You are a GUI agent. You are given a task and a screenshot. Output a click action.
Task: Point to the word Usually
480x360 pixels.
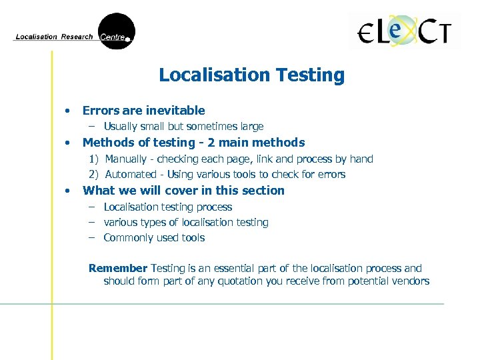[121, 127]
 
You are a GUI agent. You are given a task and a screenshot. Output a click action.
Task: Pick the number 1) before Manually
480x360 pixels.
[95, 159]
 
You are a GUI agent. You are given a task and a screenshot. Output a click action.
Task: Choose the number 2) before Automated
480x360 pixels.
[95, 175]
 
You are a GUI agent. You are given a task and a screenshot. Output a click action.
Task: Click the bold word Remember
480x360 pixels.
[118, 269]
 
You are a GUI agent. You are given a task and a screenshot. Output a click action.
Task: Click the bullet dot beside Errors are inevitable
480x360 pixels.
[67, 111]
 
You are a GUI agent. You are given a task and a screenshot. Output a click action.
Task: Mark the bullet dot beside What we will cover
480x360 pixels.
[67, 191]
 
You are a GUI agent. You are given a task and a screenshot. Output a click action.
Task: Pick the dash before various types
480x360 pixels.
[93, 223]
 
